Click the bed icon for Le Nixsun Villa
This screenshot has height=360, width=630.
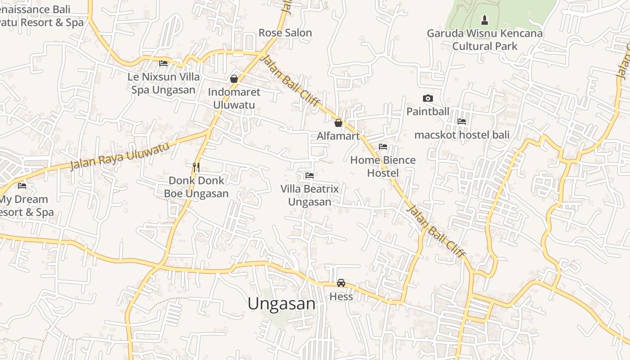click(163, 63)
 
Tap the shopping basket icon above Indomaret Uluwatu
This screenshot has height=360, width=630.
click(234, 79)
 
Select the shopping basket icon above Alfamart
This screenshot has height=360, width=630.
click(338, 122)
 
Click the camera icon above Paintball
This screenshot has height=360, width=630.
click(427, 98)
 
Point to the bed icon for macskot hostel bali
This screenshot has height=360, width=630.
click(461, 121)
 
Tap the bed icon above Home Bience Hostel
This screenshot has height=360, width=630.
click(383, 147)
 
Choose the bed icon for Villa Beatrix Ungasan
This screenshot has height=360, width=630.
click(309, 175)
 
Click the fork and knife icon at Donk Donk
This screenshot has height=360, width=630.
click(196, 167)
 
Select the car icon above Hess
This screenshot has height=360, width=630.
click(341, 283)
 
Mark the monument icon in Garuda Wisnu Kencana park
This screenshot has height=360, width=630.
click(484, 20)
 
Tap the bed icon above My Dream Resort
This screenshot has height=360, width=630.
click(22, 185)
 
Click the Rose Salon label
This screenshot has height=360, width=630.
click(285, 33)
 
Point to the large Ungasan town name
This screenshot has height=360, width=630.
click(281, 304)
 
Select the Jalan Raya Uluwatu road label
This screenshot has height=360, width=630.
click(120, 156)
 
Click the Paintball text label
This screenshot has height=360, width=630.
click(427, 112)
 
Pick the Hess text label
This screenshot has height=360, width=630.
click(341, 297)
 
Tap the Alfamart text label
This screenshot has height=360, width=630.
click(338, 136)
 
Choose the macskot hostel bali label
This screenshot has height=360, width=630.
click(462, 135)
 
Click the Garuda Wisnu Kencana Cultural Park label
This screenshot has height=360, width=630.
click(484, 40)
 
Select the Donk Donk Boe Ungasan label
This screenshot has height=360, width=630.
click(196, 187)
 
